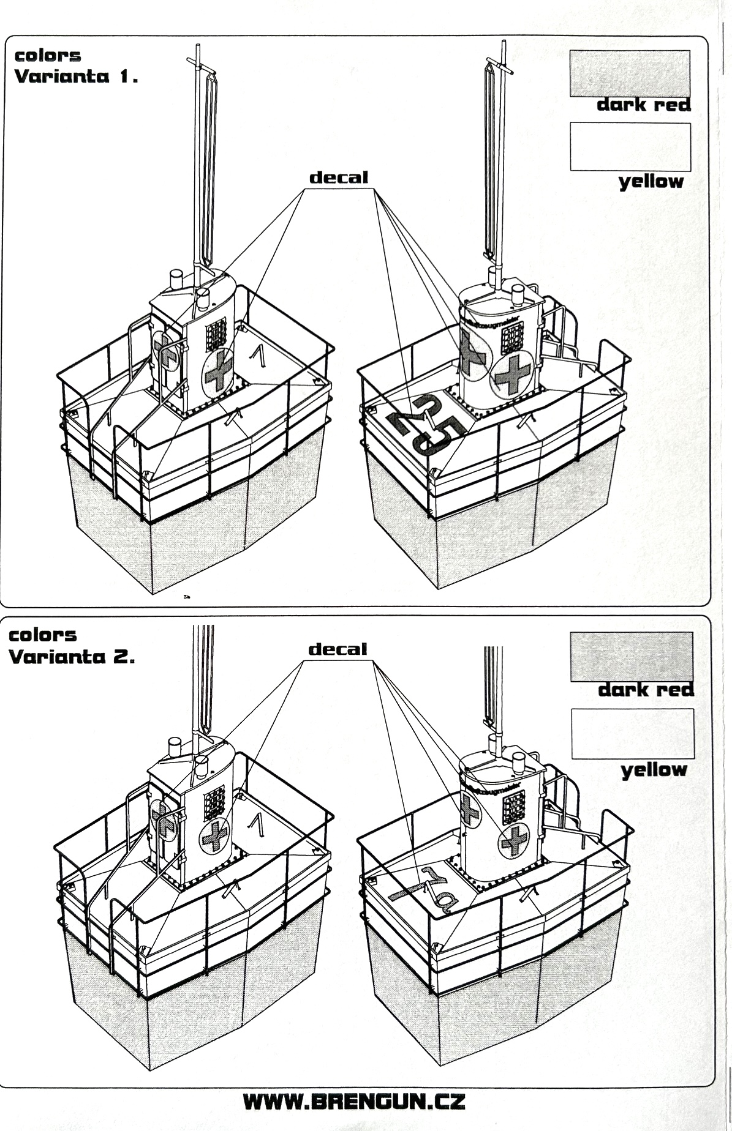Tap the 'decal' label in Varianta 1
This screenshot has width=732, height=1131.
point(339,178)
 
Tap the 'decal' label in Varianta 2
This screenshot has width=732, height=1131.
point(338,649)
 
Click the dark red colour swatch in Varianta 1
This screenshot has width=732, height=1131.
point(630,73)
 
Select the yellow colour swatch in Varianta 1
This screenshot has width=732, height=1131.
point(630,147)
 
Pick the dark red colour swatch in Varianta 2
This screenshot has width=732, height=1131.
point(632,657)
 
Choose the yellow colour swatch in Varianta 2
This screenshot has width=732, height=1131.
point(632,733)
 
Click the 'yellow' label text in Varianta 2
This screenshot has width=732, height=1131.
point(654,770)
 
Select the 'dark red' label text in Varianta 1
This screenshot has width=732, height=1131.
point(644,105)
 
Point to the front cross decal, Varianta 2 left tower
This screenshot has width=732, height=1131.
point(214,836)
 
